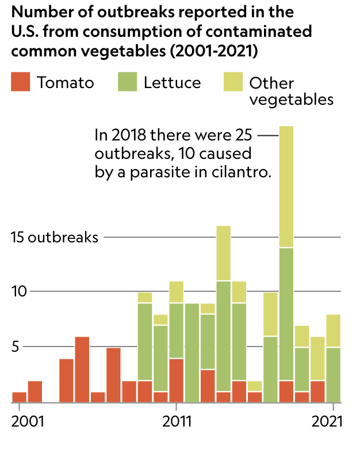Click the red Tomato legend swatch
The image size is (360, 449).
click(x=20, y=82)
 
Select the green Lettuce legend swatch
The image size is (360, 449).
click(x=127, y=82)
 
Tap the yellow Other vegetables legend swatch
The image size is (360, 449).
click(x=233, y=82)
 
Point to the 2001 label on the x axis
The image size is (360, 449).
click(x=28, y=421)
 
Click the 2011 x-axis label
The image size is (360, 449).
click(x=177, y=421)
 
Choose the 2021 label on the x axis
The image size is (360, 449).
click(x=327, y=421)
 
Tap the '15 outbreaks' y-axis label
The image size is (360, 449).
click(x=55, y=237)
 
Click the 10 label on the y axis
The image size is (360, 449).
click(x=19, y=291)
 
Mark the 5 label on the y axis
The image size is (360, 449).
click(x=15, y=347)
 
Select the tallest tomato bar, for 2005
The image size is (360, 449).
click(x=82, y=370)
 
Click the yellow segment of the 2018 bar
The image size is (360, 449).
click(x=286, y=187)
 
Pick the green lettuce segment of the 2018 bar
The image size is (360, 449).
click(x=286, y=314)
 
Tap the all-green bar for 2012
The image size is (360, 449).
click(x=192, y=353)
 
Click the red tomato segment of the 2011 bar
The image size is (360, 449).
click(x=177, y=380)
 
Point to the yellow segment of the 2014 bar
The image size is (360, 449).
click(x=224, y=253)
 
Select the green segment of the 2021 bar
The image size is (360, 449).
click(x=334, y=375)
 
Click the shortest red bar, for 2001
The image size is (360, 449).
click(x=20, y=397)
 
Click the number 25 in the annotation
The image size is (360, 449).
click(x=244, y=135)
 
